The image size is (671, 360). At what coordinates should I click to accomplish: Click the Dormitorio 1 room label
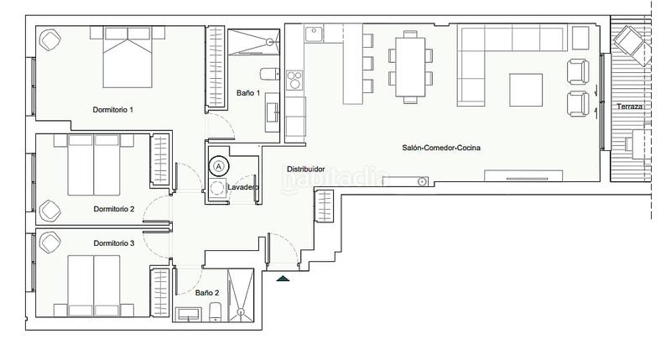[113, 110]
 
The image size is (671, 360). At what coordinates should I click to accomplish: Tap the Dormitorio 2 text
[114, 209]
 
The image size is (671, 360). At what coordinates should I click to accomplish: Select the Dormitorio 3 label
[114, 243]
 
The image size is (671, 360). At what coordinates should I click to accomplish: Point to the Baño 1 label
[248, 92]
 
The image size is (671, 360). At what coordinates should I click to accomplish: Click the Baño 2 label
[207, 293]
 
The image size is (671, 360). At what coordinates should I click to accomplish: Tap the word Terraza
[630, 107]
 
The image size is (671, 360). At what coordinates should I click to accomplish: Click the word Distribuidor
[306, 169]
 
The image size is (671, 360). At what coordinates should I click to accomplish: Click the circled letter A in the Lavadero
[219, 166]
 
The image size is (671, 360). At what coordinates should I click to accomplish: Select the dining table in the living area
[410, 66]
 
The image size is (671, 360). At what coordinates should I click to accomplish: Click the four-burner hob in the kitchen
[295, 81]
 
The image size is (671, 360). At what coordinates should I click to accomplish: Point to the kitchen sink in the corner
[315, 34]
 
